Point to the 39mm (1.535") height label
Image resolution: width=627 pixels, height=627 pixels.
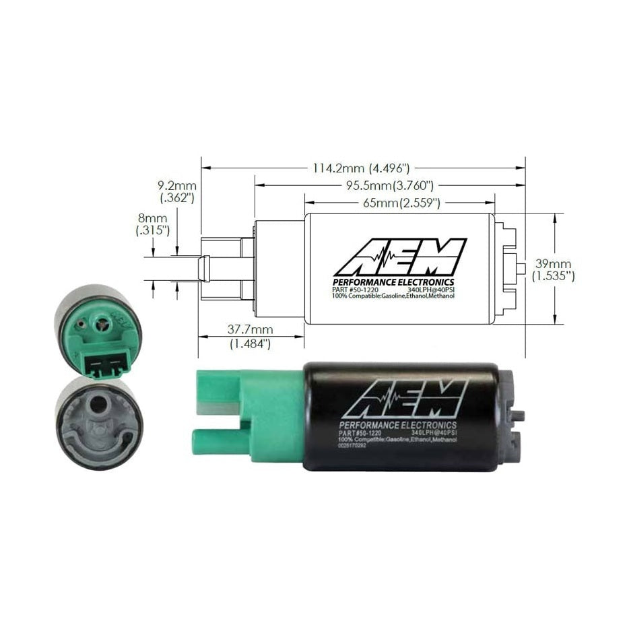click(x=554, y=269)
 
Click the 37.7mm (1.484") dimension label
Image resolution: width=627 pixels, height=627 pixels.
click(x=249, y=337)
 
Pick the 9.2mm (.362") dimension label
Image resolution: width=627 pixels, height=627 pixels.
click(x=176, y=191)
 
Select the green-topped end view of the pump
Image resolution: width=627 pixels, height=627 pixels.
click(x=98, y=331)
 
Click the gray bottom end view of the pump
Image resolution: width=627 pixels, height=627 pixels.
click(x=99, y=422)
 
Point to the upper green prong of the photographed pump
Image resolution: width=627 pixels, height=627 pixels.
click(x=217, y=391)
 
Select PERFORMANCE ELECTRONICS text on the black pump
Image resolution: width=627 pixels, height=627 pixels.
click(x=398, y=425)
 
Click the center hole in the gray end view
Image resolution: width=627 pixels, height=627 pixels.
click(x=100, y=407)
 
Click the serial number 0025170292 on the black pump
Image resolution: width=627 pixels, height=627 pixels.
click(x=359, y=445)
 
